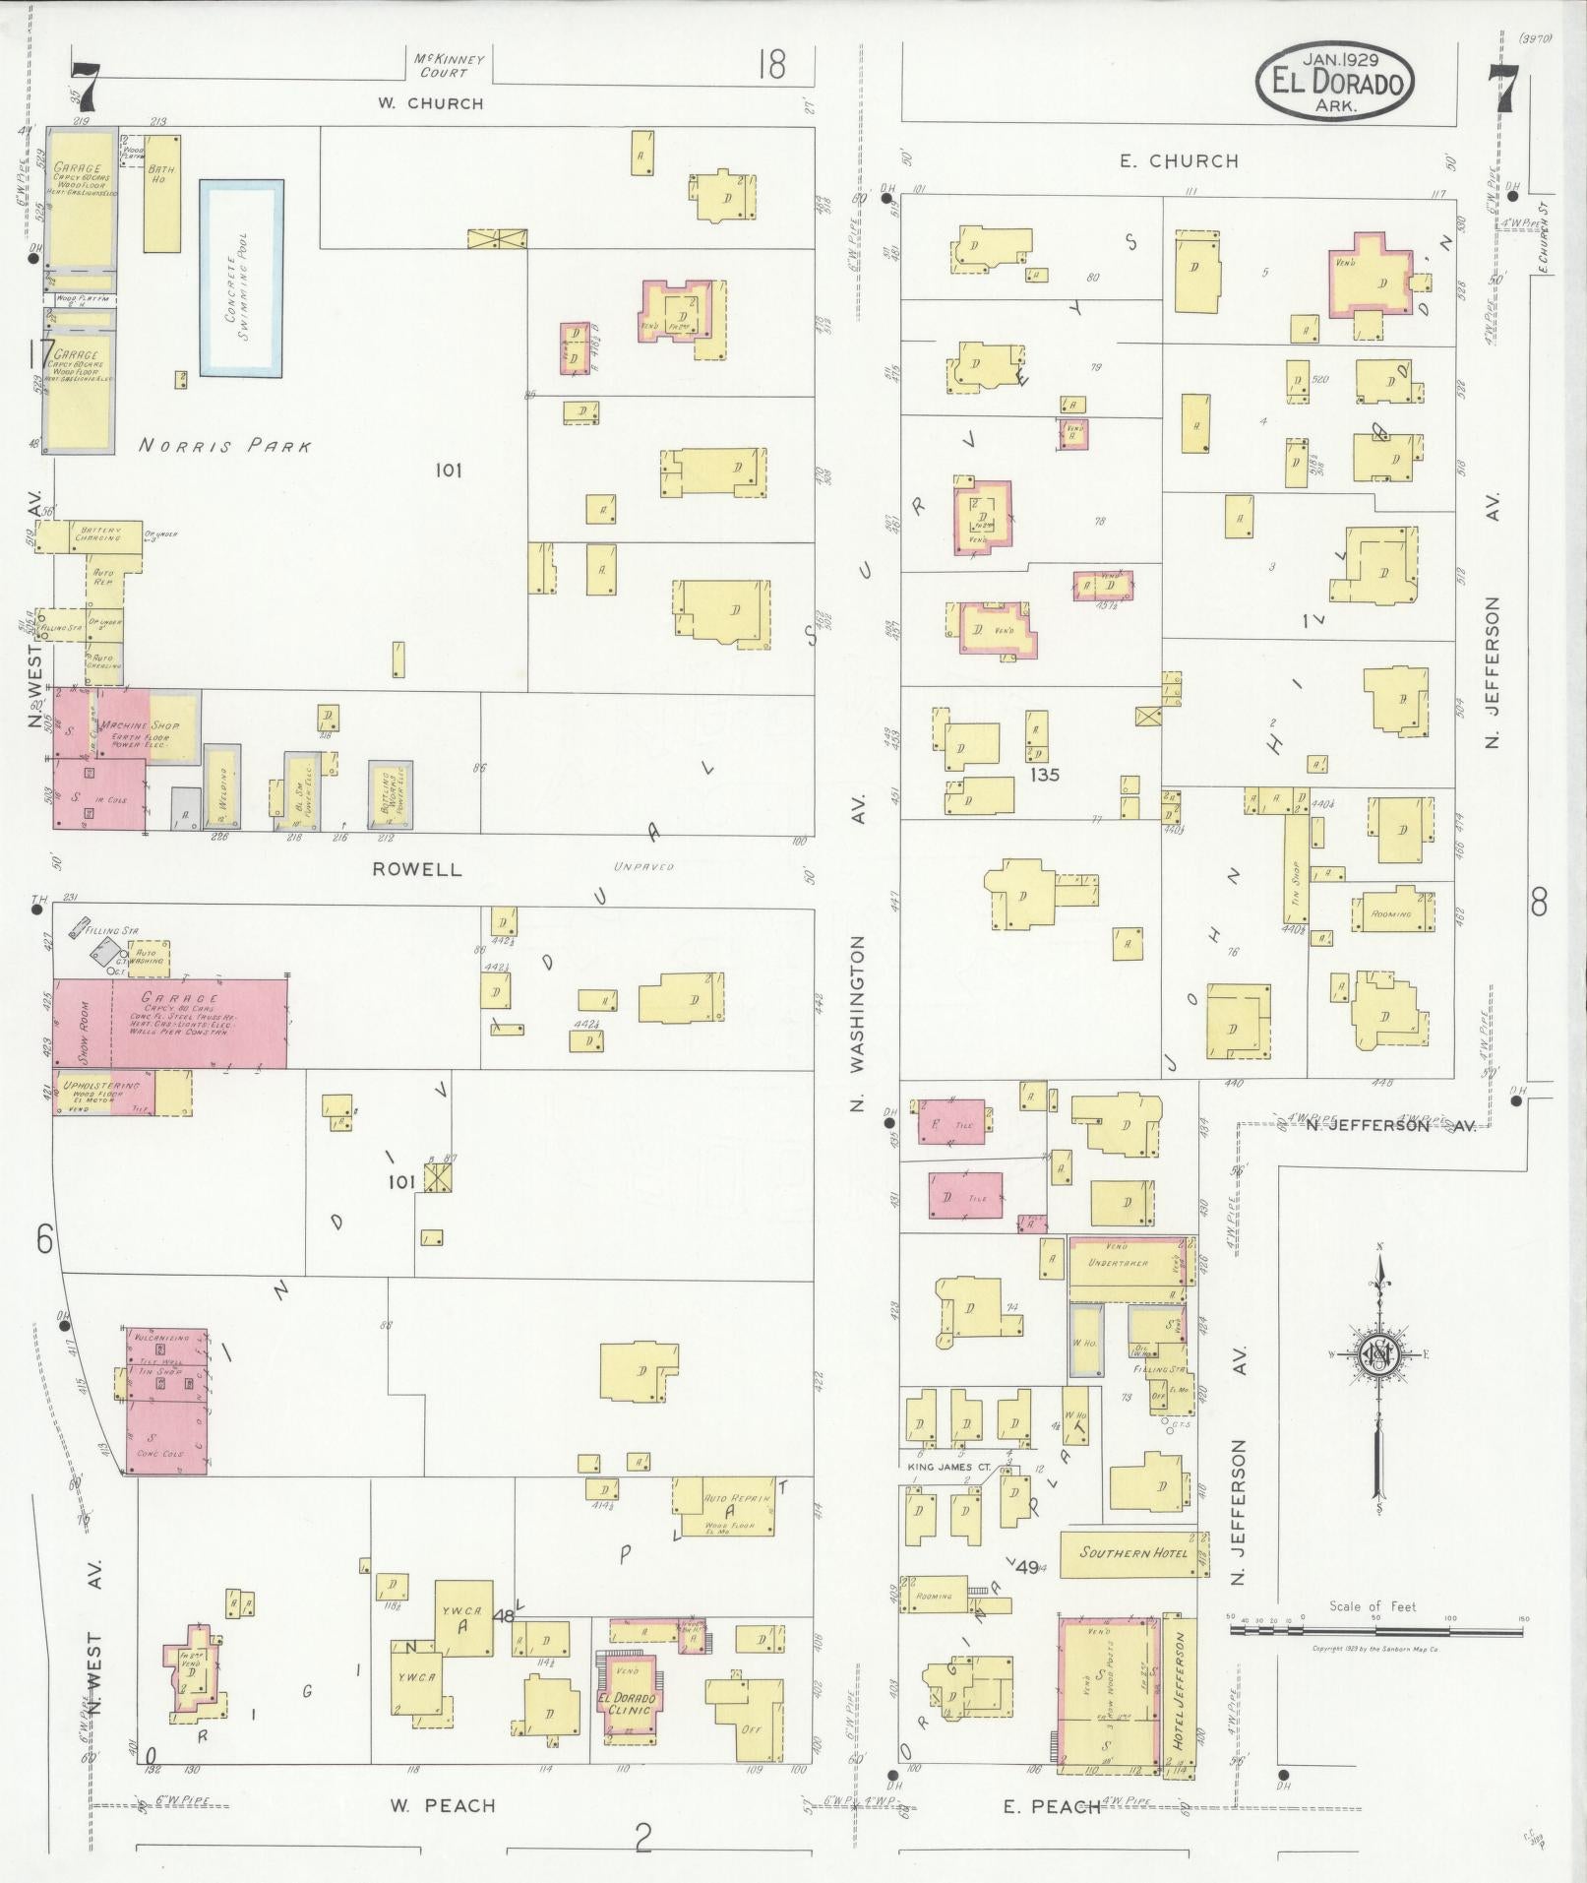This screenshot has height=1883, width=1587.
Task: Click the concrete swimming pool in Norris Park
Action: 242,278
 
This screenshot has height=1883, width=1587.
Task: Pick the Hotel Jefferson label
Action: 1181,1681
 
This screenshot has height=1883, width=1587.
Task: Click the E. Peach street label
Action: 1051,1805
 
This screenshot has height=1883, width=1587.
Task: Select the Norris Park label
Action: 225,446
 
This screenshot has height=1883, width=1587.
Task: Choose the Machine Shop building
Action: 148,725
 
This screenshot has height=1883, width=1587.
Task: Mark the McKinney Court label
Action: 444,65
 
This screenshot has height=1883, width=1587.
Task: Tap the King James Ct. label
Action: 934,1467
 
